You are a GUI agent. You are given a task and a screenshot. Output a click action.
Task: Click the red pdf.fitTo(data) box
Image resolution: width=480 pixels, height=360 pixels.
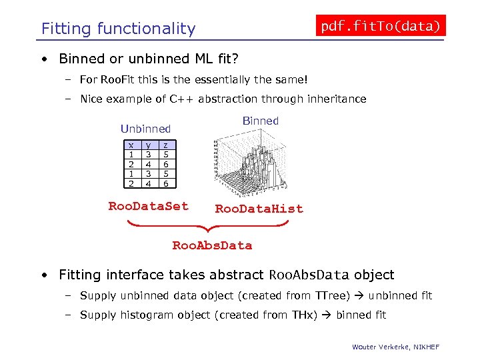point(380,26)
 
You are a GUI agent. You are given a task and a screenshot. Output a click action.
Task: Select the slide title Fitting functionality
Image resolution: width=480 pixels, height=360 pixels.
point(119,29)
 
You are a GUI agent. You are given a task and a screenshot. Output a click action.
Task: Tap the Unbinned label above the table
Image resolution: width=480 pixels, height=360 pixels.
point(145,129)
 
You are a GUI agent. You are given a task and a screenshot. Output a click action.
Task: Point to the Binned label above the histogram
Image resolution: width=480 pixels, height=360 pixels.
point(260,121)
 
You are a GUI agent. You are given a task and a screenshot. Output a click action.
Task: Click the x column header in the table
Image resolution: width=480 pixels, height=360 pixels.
point(131,145)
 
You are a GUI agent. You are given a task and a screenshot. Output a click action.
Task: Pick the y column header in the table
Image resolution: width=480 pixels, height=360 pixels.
point(148,145)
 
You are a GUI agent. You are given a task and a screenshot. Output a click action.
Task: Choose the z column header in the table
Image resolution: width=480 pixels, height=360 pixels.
point(165,145)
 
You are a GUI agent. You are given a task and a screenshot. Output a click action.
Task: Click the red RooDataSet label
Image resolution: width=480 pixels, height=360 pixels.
point(148,206)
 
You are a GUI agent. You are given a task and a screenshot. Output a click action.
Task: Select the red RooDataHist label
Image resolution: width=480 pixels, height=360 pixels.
point(259,209)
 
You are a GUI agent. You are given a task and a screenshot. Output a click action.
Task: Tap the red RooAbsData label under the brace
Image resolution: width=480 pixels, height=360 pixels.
point(212,245)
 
